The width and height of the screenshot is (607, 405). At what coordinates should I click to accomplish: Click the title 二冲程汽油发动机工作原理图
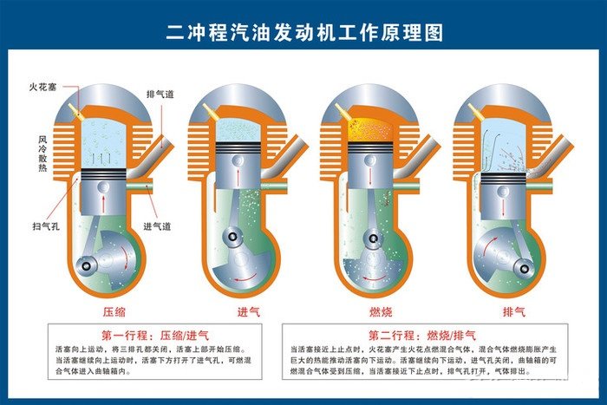coord(303,33)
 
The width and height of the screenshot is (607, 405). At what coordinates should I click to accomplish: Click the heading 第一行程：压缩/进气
coord(156,334)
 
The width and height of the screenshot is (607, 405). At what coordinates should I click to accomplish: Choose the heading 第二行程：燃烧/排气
coord(423,334)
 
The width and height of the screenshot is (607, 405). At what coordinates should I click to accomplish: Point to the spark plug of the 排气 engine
coord(476,111)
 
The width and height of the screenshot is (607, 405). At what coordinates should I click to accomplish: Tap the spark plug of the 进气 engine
coord(211,111)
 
